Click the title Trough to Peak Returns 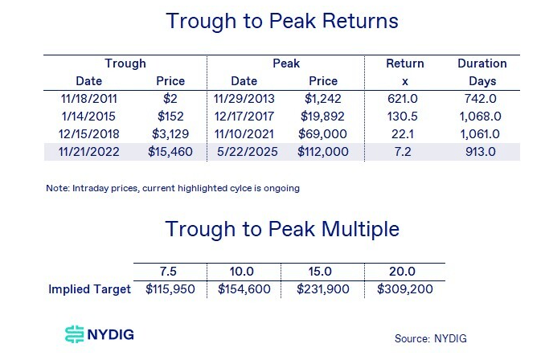click(282, 21)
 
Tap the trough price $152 click(169, 116)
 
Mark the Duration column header click(481, 63)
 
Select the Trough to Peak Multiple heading click(282, 229)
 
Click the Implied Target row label click(88, 289)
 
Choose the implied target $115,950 click(170, 289)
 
